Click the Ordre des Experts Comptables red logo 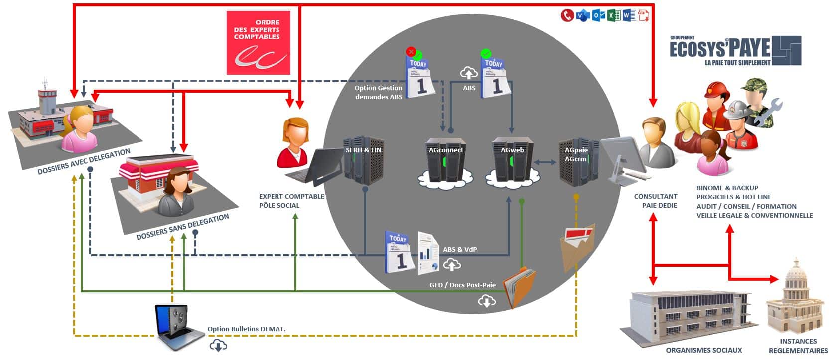point(258,43)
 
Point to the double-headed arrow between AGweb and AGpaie point(545,162)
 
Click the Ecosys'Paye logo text point(719,49)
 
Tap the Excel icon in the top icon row point(613,15)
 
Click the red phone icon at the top point(567,15)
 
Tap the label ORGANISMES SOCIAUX point(703,350)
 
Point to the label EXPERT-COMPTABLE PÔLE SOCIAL point(291,201)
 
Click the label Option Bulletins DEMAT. point(246,329)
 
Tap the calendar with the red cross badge point(420,75)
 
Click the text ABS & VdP point(459,249)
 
